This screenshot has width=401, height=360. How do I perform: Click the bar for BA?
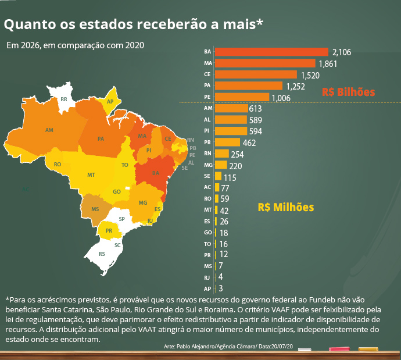271,52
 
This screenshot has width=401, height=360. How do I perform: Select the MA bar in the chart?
264,63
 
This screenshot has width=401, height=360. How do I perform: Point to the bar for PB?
227,142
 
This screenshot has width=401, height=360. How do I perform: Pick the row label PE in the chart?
207,97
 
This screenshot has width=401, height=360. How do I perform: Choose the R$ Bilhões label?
349,92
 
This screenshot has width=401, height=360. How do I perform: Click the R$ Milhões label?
285,207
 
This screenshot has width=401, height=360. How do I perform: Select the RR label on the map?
64,100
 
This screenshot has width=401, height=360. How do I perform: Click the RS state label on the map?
102,254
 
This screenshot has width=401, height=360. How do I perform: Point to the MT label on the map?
91,174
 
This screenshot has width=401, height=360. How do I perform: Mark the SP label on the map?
121,219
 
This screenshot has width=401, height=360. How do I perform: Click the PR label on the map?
109,231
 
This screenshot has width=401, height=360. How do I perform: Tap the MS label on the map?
95,208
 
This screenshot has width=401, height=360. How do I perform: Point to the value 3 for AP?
221,288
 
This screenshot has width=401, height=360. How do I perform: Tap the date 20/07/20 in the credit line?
281,347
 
